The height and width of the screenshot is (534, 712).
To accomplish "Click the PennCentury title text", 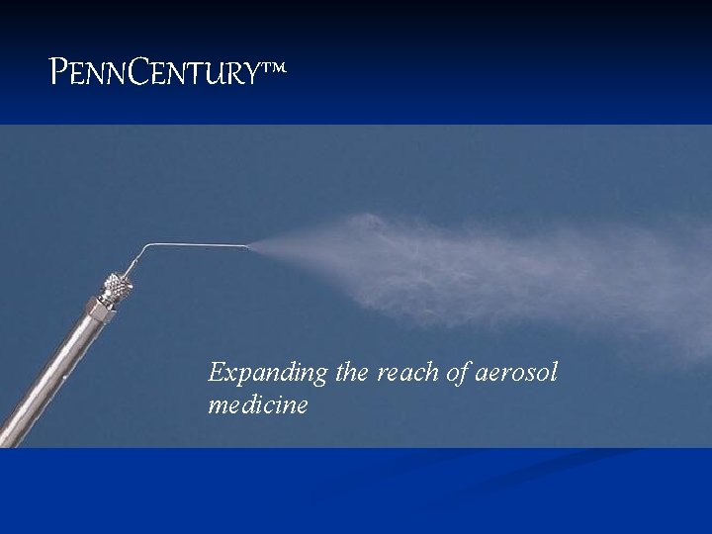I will click(158, 72).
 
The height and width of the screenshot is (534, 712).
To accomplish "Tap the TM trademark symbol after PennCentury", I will click(275, 67).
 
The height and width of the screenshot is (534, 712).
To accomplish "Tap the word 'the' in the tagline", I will click(351, 373).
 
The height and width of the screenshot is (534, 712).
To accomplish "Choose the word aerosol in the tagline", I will click(518, 373).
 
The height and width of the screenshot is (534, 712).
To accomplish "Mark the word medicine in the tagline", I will click(258, 404).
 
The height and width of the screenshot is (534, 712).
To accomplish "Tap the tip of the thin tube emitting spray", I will click(248, 245).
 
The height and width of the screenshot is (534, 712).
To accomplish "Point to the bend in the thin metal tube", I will click(146, 247).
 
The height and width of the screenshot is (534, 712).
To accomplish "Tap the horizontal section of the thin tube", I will click(198, 244).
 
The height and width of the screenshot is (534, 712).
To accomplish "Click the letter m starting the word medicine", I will click(218, 405).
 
